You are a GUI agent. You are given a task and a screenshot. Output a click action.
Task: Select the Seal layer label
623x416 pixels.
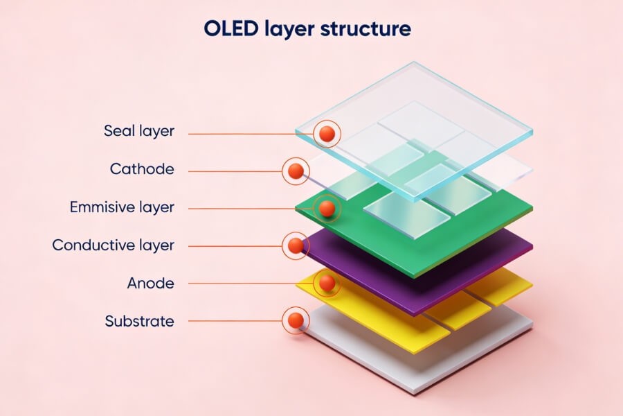click(x=139, y=131)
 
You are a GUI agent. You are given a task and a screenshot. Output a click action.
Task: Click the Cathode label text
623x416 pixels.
click(x=142, y=169)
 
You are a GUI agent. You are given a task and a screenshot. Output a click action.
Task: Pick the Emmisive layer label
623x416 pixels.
click(x=122, y=207)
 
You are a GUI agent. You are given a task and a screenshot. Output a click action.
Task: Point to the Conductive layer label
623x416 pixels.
click(x=114, y=245)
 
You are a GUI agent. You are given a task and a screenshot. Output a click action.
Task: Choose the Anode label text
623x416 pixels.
click(x=150, y=283)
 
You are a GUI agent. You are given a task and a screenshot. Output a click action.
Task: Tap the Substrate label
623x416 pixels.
click(x=139, y=321)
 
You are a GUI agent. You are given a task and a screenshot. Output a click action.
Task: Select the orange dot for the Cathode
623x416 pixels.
click(x=296, y=171)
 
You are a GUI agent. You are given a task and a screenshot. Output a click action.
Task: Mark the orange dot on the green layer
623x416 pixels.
click(x=327, y=208)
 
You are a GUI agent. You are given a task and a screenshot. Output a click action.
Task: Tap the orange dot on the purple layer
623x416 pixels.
click(x=296, y=245)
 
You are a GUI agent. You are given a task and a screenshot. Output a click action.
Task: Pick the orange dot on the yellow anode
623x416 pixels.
click(x=327, y=283)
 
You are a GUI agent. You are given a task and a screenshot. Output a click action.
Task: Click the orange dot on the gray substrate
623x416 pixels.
click(x=296, y=320)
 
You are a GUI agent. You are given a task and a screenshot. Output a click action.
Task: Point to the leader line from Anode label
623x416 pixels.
click(x=249, y=284)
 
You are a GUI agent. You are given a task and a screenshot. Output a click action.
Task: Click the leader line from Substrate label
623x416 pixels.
click(x=235, y=321)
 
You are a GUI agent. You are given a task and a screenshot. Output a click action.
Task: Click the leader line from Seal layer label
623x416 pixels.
click(x=249, y=133)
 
